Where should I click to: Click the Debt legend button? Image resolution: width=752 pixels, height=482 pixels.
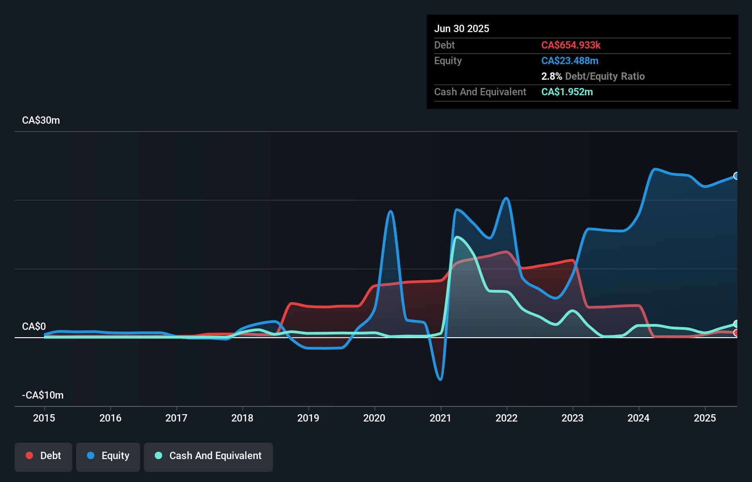tap(44, 456)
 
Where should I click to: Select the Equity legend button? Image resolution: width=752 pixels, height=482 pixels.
tap(108, 456)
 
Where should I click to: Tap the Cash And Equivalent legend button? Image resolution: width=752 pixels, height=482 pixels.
tap(208, 456)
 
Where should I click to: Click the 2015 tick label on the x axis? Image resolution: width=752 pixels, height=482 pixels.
tap(44, 418)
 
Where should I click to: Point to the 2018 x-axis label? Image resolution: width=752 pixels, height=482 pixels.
tap(242, 418)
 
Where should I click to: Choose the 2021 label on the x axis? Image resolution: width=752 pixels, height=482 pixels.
tap(441, 418)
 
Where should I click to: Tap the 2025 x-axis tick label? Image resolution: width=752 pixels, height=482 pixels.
tap(705, 418)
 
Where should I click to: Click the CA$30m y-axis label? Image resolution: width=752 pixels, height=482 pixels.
tap(41, 120)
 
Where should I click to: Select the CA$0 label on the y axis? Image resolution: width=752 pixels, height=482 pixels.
tap(34, 326)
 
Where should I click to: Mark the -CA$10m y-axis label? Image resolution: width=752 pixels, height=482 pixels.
tap(43, 395)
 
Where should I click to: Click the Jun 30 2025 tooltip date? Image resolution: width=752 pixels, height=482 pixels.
tap(462, 28)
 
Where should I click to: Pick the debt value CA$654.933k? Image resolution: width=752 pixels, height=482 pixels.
tap(571, 45)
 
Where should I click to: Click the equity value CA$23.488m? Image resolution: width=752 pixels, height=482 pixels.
tap(570, 60)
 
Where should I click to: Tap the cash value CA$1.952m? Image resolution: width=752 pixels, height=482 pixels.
tap(567, 92)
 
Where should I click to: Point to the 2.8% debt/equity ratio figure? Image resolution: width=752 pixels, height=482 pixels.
tap(551, 76)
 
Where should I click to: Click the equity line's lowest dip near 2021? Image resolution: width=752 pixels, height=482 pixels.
tap(441, 379)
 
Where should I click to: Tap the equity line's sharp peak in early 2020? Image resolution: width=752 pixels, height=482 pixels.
tap(390, 211)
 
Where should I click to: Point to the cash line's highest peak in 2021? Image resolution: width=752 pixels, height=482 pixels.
tap(457, 237)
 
